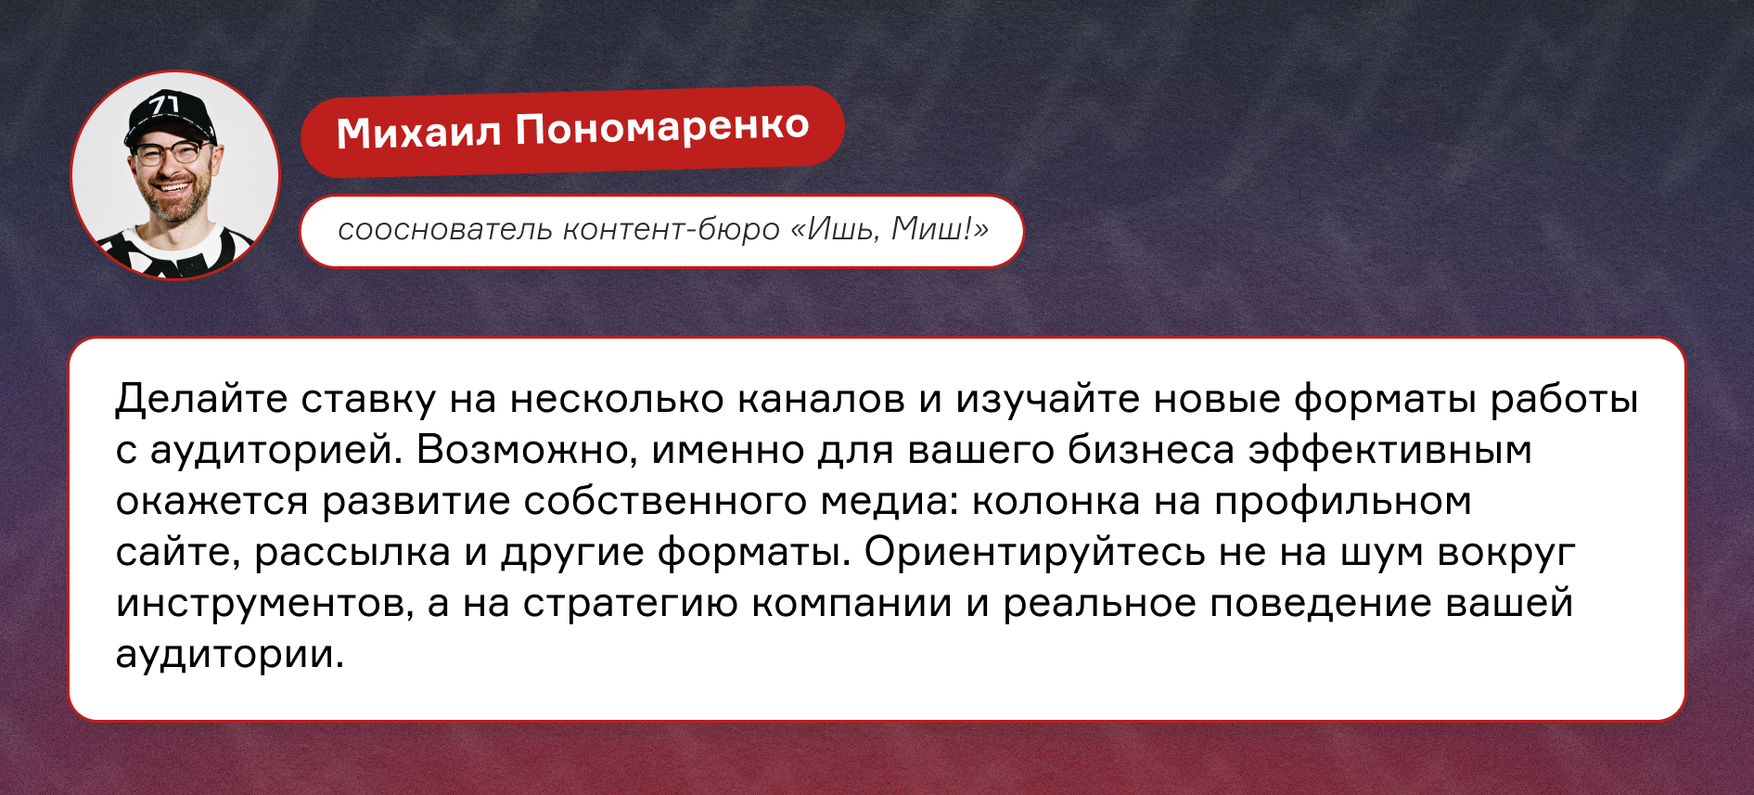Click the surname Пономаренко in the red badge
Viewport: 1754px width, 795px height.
662,127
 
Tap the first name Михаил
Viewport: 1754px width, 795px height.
418,133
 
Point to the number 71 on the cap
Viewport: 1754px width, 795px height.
164,104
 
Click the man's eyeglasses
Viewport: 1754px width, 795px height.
173,152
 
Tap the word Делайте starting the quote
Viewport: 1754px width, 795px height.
201,399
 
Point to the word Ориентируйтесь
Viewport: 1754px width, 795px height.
1034,552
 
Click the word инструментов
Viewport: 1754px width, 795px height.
264,603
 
